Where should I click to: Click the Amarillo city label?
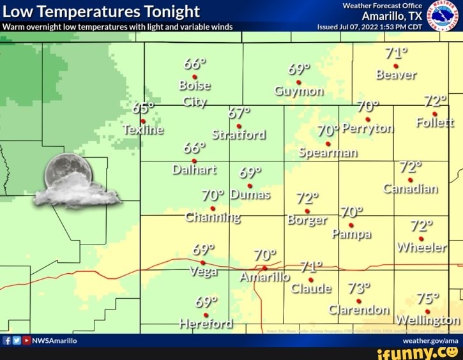[264, 277]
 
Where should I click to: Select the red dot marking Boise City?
[195, 77]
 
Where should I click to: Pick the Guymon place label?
[298, 91]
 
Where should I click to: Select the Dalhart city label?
[195, 170]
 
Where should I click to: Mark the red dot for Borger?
[307, 211]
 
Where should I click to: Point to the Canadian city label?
[411, 189]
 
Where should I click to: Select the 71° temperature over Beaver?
[397, 53]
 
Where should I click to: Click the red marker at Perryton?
[368, 119]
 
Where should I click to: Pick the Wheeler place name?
[421, 248]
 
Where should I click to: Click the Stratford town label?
[239, 135]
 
